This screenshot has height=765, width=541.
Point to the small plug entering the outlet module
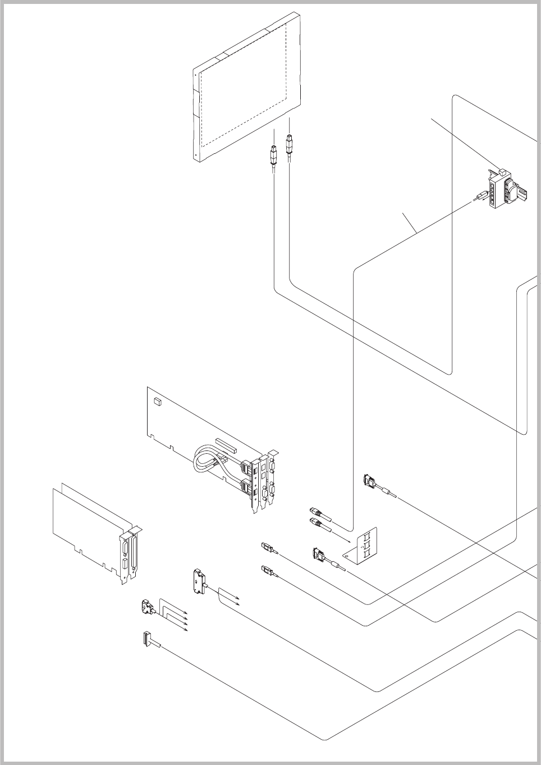tap(480, 196)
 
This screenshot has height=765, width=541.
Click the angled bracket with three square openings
tap(366, 544)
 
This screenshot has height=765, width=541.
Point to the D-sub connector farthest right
tap(370, 481)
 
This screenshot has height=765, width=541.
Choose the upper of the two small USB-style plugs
tap(267, 546)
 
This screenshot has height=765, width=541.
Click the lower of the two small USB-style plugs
tap(267, 570)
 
